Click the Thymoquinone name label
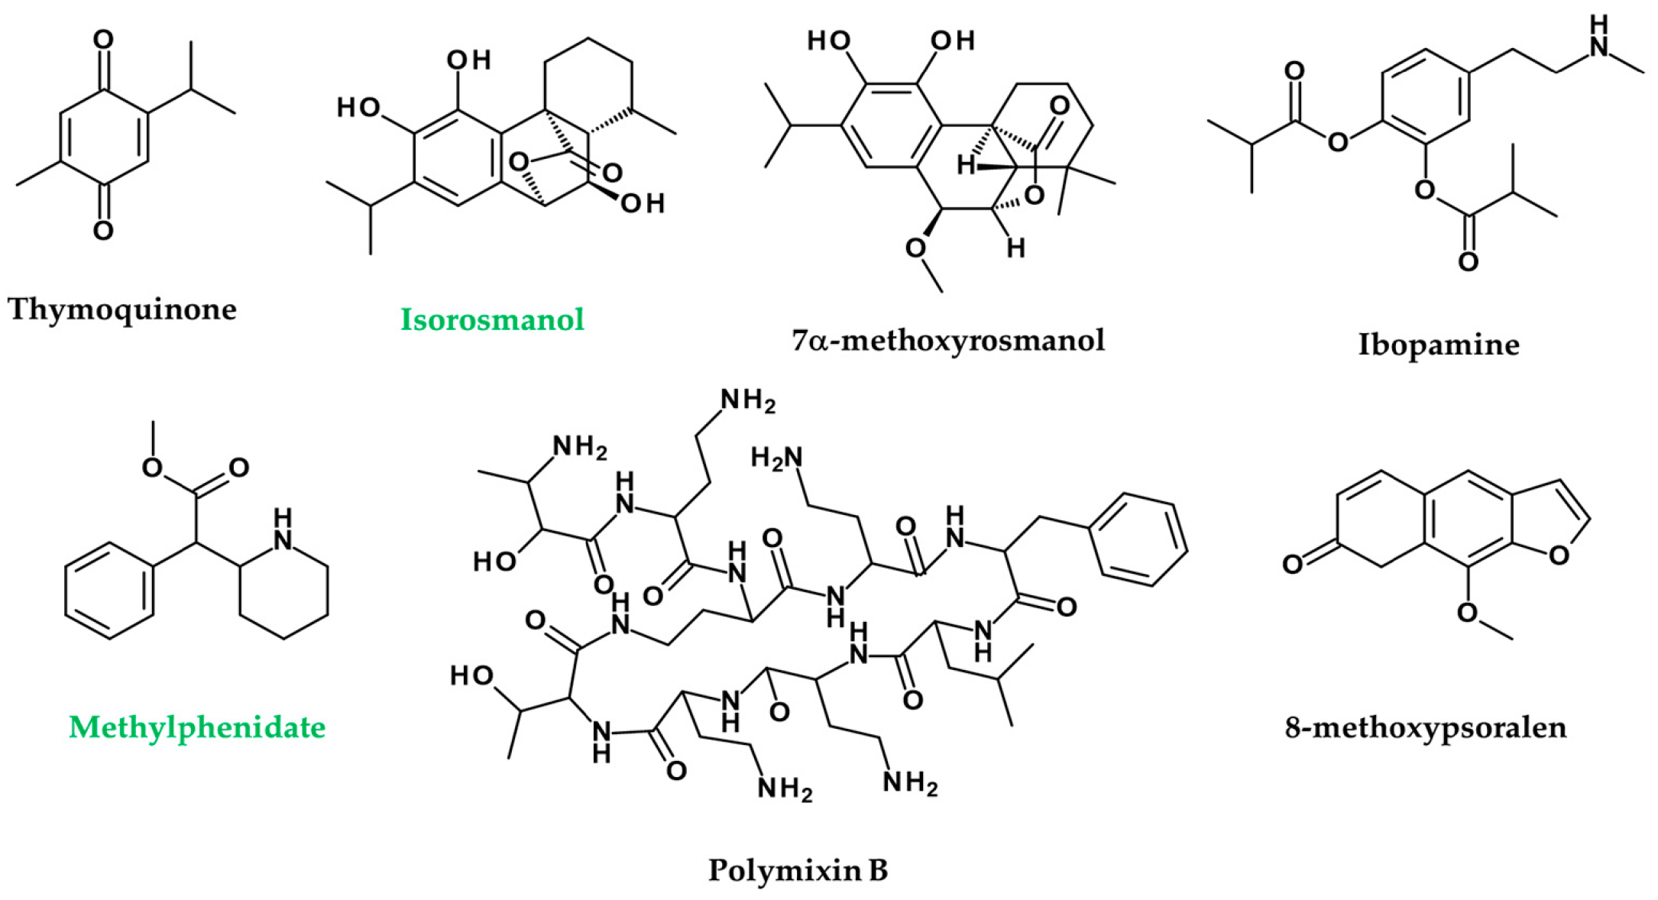[x=122, y=309]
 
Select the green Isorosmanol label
[x=492, y=319]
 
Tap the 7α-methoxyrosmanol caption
[x=948, y=340]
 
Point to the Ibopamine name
[x=1438, y=345]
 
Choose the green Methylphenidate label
[x=197, y=727]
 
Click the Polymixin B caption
[x=798, y=870]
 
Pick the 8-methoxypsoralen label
[x=1426, y=727]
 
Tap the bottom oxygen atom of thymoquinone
[x=103, y=230]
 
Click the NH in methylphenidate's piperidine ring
[x=283, y=529]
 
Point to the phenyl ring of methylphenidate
[x=109, y=590]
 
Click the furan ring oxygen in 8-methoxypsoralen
[x=1559, y=555]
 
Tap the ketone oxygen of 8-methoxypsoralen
[x=1292, y=564]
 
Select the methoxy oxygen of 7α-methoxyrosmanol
[x=915, y=248]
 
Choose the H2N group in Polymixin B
[x=777, y=458]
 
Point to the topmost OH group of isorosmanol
[x=468, y=60]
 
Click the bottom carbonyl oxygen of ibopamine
[x=1468, y=262]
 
